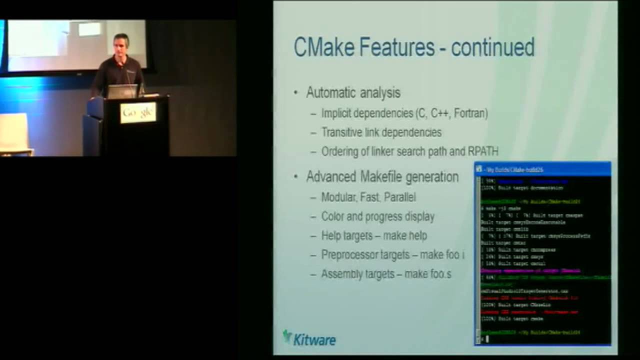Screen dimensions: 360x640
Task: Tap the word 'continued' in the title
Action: coord(492,47)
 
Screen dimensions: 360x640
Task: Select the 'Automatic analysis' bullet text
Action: coord(353,92)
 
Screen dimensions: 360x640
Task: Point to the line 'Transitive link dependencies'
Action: coord(381,132)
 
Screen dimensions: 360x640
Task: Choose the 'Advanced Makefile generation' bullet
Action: coord(382,176)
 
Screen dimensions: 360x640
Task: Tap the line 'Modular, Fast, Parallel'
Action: coord(368,197)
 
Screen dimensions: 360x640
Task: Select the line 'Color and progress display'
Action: coord(377,216)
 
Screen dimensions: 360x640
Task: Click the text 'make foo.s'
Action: coord(427,274)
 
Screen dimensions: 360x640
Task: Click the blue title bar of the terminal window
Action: coord(542,169)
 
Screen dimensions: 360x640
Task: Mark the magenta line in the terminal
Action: coord(530,270)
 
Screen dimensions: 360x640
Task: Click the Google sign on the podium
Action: coord(138,113)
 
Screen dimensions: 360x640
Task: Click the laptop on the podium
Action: coord(122,91)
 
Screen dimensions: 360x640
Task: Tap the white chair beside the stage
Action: coord(14,133)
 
